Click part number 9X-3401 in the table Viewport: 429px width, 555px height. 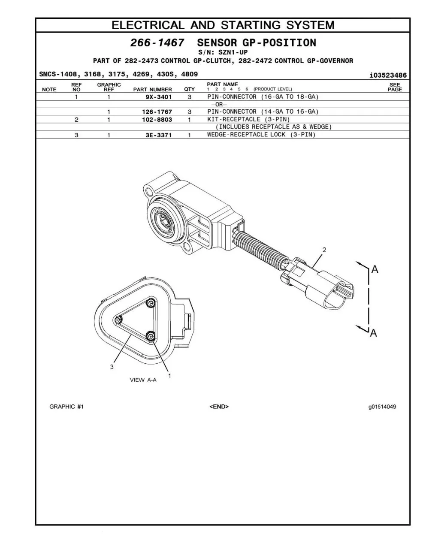pyautogui.click(x=159, y=97)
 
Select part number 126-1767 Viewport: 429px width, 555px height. pyautogui.click(x=157, y=112)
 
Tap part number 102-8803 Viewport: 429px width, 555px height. pyautogui.click(x=157, y=120)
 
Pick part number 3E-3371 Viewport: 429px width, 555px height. pyautogui.click(x=159, y=135)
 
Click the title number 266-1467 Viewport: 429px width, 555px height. pyautogui.click(x=157, y=42)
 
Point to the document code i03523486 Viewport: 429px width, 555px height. pyautogui.click(x=388, y=75)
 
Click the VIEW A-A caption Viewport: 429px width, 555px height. pyautogui.click(x=143, y=380)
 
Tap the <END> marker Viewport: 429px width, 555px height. pyautogui.click(x=219, y=407)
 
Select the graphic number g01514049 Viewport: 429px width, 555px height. pyautogui.click(x=382, y=407)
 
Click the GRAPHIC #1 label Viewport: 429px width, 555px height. pyautogui.click(x=66, y=407)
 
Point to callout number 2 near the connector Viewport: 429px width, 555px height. pyautogui.click(x=324, y=250)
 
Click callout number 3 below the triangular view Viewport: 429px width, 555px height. pyautogui.click(x=112, y=367)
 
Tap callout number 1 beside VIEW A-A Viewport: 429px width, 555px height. pyautogui.click(x=169, y=375)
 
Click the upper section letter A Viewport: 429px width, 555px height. pyautogui.click(x=375, y=269)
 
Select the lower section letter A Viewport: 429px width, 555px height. pyautogui.click(x=374, y=333)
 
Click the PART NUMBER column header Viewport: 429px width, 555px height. pyautogui.click(x=152, y=90)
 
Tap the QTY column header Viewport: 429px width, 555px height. pyautogui.click(x=189, y=89)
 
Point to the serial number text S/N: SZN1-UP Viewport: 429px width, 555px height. pyautogui.click(x=223, y=52)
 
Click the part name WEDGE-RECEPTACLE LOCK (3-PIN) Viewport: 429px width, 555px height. pyautogui.click(x=261, y=135)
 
